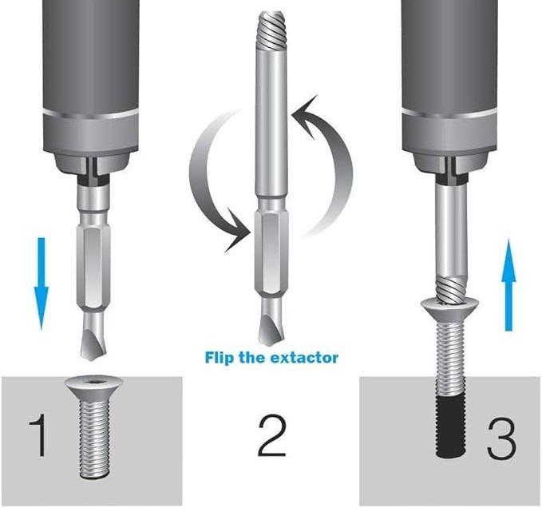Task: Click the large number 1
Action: [38, 435]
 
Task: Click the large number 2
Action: [272, 436]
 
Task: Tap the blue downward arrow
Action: [42, 284]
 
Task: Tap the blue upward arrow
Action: [508, 284]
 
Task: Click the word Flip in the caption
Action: [220, 357]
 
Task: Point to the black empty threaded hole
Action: [451, 427]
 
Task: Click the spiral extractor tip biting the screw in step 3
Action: [450, 289]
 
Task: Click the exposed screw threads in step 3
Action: [451, 359]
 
